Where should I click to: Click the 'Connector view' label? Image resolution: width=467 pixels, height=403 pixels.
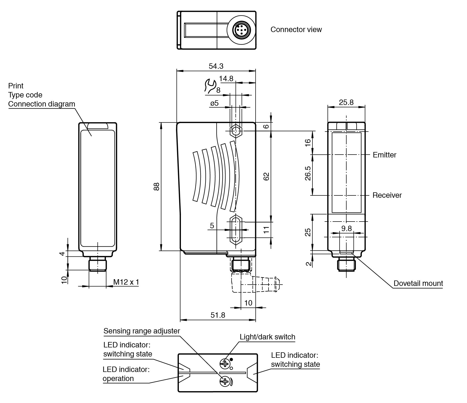(x=296, y=29)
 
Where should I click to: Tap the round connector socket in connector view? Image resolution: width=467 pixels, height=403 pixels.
(x=240, y=30)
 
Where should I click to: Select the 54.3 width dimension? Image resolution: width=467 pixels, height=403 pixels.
(x=216, y=66)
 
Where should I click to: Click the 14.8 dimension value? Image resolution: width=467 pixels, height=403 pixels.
(x=226, y=79)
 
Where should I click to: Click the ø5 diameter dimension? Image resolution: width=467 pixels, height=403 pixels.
(x=215, y=103)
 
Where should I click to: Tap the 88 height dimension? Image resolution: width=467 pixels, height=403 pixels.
(x=157, y=186)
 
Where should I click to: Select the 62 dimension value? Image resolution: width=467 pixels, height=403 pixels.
(x=266, y=176)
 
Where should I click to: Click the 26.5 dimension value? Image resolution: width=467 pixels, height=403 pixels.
(x=308, y=173)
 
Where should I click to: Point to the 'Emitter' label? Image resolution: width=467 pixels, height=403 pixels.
(x=384, y=155)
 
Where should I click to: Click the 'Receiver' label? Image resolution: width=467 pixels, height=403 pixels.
(x=387, y=195)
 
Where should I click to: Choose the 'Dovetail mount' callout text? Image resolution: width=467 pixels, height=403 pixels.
(x=418, y=283)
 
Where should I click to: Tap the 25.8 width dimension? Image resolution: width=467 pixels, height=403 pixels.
(x=346, y=102)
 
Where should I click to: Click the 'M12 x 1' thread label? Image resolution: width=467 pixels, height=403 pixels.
(x=126, y=282)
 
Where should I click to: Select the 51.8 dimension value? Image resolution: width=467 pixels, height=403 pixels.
(x=218, y=315)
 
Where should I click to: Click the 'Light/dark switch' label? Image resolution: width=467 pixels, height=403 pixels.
(x=267, y=337)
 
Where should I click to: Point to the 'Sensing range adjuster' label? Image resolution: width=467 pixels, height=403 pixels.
(x=142, y=331)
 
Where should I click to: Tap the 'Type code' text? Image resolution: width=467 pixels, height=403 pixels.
(x=25, y=95)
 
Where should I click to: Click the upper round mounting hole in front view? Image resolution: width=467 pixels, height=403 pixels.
(x=235, y=131)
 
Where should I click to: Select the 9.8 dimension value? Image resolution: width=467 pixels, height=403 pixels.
(x=346, y=229)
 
